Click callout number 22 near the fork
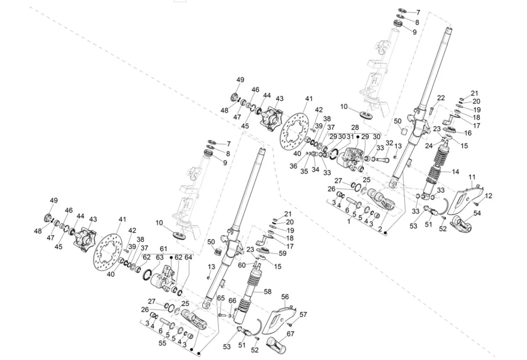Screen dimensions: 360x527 click(x=441, y=98)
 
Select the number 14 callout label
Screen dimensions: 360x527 click(x=455, y=172)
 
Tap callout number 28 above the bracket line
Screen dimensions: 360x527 click(x=355, y=127)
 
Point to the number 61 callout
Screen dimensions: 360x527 click(x=163, y=249)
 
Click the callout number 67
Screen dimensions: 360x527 click(x=290, y=334)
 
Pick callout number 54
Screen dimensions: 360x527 click(x=477, y=213)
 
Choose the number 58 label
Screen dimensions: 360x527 click(x=267, y=292)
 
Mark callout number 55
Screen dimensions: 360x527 click(x=162, y=343)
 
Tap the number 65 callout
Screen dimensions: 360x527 click(x=221, y=298)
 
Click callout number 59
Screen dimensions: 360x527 click(x=282, y=253)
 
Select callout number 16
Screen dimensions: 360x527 click(x=468, y=133)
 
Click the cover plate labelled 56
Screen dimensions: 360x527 click(x=279, y=317)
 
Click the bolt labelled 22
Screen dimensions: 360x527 click(x=431, y=110)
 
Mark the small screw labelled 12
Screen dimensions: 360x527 click(x=476, y=204)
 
